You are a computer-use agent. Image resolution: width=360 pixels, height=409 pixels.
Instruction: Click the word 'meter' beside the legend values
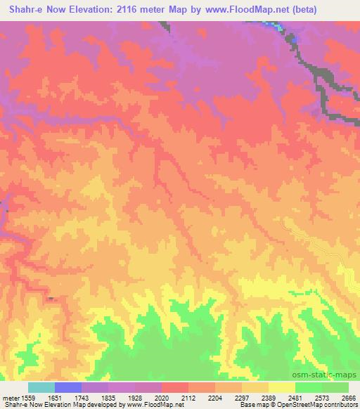point(10,397)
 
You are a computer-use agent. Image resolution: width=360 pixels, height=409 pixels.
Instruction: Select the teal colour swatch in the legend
point(41,387)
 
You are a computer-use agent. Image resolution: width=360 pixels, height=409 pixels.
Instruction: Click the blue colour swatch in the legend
point(67,387)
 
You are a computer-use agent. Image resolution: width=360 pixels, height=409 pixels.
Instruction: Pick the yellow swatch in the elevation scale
point(281,387)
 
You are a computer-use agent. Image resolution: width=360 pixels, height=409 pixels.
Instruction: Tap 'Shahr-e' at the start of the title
point(22,9)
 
